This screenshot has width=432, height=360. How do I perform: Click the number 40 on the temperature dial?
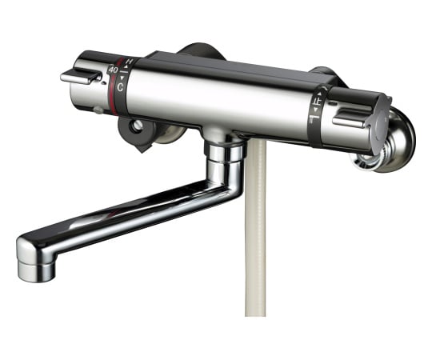pos(113,70)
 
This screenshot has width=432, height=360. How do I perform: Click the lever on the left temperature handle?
pos(80,77)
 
